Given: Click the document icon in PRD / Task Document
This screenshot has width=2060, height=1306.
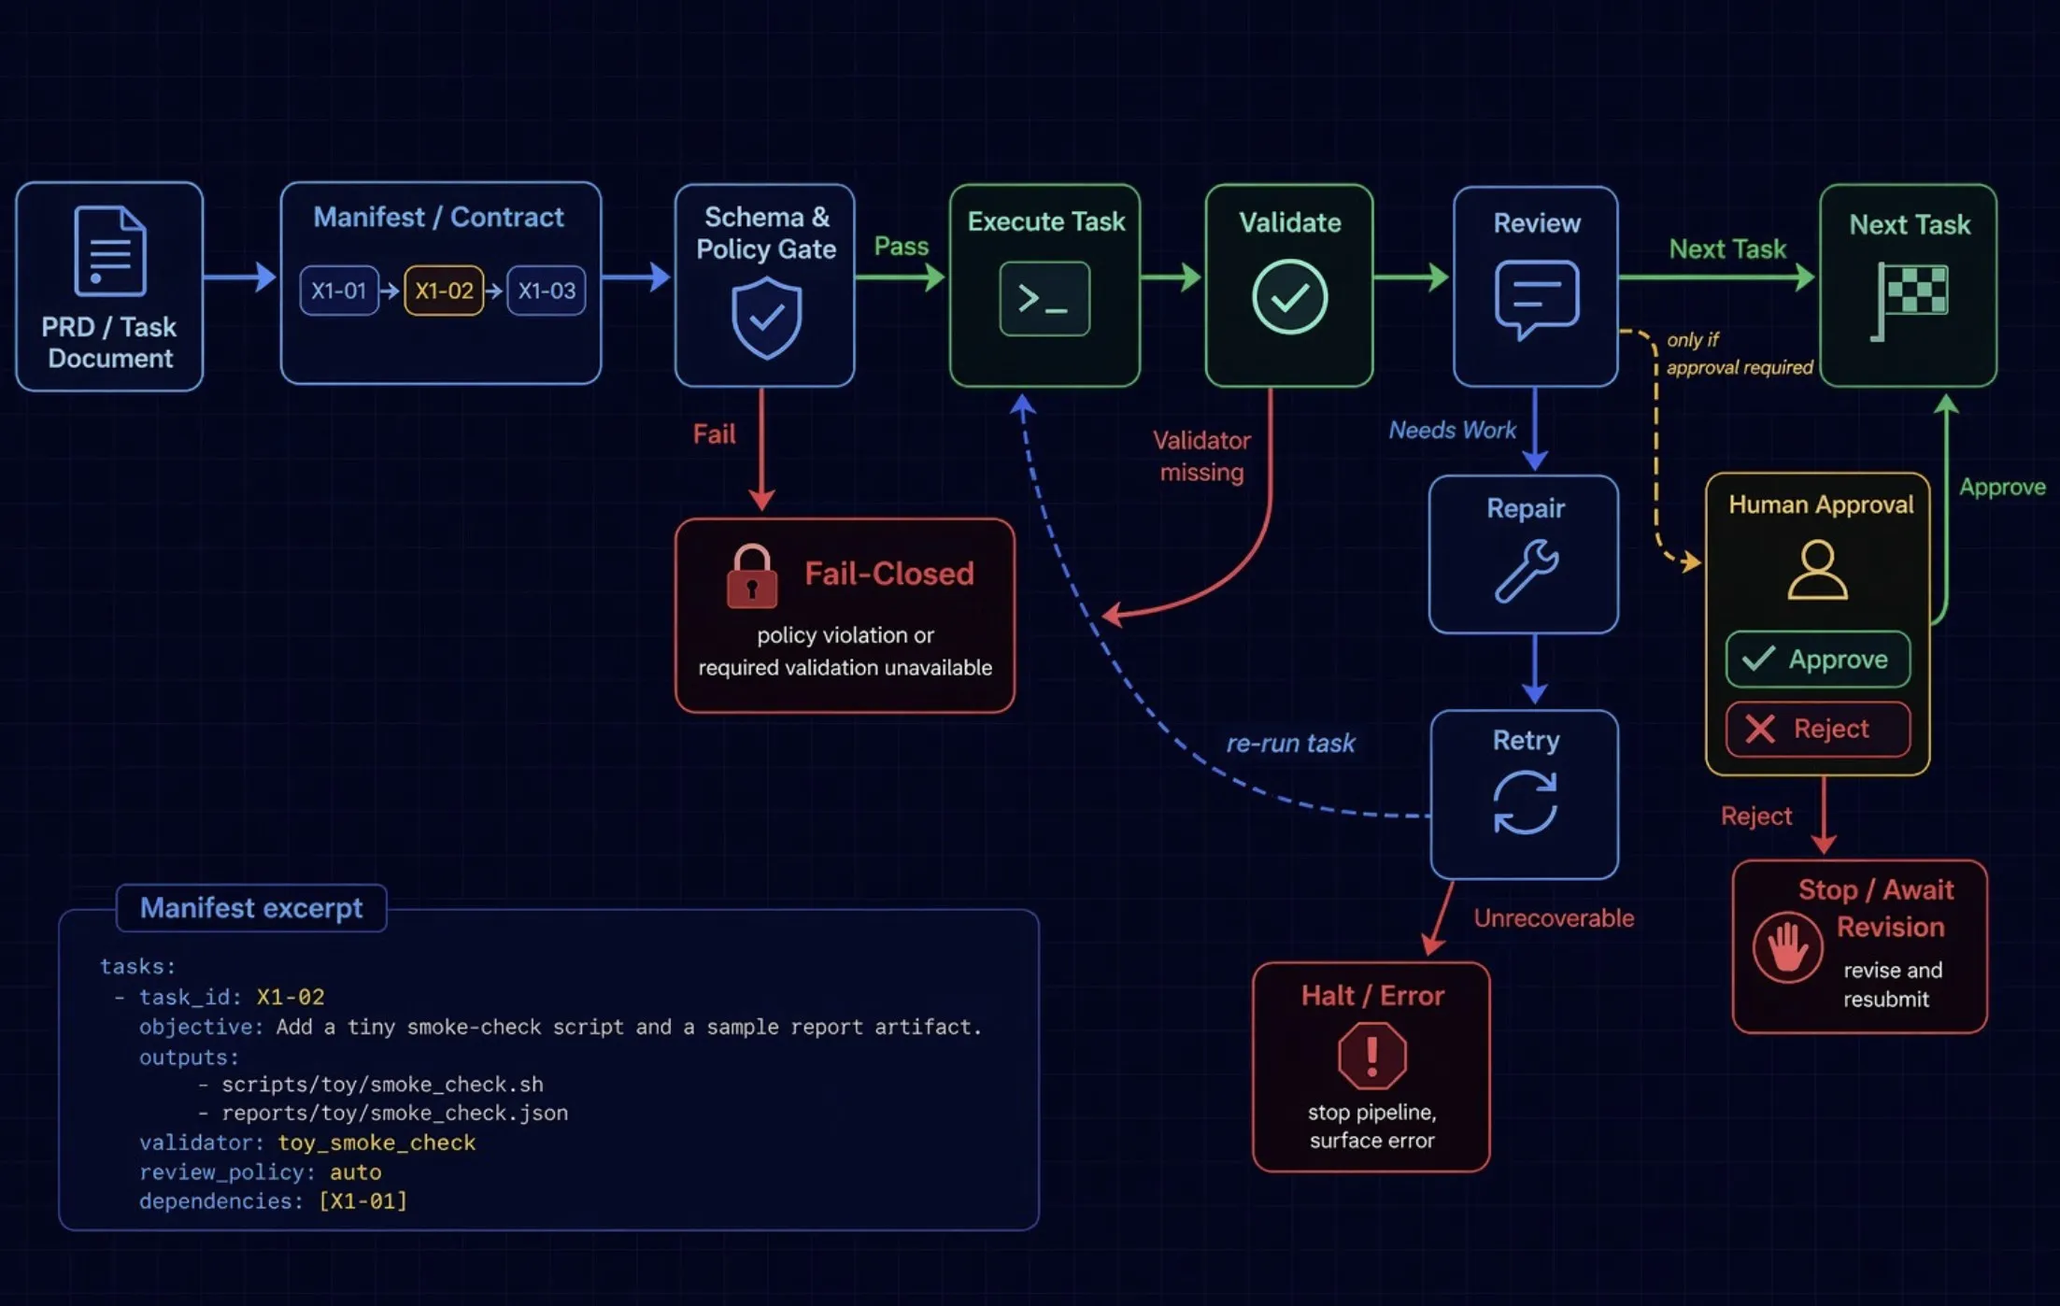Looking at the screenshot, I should tap(109, 250).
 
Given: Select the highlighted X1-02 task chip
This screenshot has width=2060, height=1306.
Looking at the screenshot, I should tap(444, 291).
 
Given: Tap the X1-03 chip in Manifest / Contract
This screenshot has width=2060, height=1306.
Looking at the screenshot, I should tap(547, 291).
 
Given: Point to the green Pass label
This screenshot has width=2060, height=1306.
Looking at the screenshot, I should tap(901, 247).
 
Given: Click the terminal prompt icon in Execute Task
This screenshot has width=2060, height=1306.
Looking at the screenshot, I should tap(1044, 299).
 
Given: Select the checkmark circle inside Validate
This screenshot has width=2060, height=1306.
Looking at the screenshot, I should tap(1289, 297).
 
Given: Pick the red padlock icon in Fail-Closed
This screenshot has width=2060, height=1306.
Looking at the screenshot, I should tap(752, 576).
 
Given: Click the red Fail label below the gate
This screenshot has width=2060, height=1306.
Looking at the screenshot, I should tap(714, 434).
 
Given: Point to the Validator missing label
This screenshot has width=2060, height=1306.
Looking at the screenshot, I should tap(1201, 456).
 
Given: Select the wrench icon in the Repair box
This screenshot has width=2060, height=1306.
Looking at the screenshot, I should tap(1526, 570).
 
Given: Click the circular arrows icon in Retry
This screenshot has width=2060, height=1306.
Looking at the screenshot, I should tap(1525, 802).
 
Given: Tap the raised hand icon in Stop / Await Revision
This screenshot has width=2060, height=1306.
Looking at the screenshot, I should tap(1786, 948).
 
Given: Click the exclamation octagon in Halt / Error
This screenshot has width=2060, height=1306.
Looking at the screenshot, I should tap(1371, 1056).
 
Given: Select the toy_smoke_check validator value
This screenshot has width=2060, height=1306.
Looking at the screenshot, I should tap(376, 1143).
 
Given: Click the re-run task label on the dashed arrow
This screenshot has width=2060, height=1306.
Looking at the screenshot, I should tap(1290, 744).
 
